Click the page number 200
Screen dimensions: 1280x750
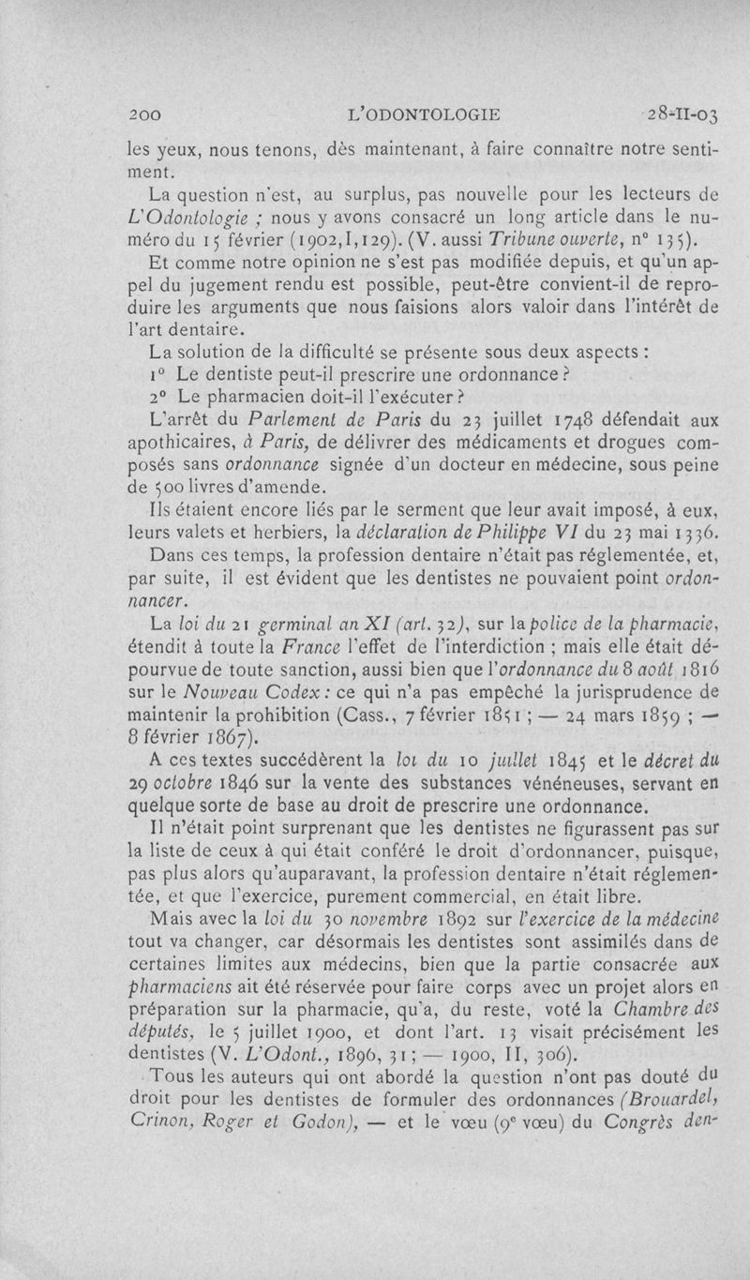tap(148, 115)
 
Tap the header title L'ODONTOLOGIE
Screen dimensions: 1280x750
tap(423, 115)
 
